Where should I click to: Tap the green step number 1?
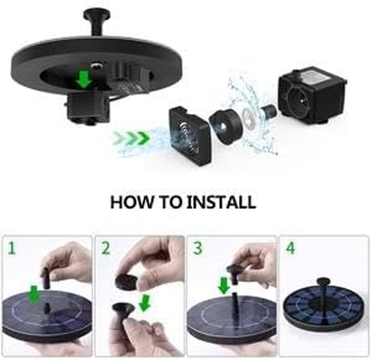pos(11,248)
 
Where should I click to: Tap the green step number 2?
pos(105,248)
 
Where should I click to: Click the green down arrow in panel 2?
pos(144,303)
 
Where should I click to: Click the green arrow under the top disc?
pos(83,80)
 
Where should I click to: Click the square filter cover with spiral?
pos(190,135)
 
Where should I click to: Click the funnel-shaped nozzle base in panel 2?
pos(123,310)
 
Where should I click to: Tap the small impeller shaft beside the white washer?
pos(269,111)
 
